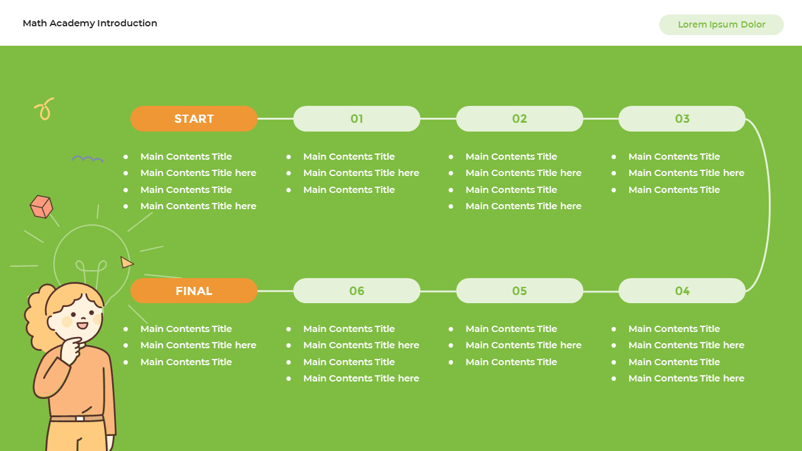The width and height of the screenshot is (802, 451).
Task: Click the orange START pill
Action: [x=194, y=119]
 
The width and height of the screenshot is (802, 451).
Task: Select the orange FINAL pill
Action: [x=194, y=291]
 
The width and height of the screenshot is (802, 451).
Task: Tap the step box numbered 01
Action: [x=357, y=119]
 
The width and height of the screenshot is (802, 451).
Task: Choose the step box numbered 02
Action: [x=519, y=119]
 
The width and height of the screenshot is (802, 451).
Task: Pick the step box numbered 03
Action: [x=682, y=119]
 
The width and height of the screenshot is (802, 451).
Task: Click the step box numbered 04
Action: [x=682, y=291]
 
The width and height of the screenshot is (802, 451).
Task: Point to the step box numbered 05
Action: [x=519, y=291]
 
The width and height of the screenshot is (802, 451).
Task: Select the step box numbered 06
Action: [x=357, y=291]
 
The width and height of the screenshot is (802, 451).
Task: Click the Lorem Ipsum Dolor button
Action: [x=721, y=25]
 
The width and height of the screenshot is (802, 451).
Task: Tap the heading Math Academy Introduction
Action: [x=90, y=23]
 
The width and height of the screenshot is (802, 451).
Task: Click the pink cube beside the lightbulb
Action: [x=41, y=207]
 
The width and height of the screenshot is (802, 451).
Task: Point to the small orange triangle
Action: [x=127, y=262]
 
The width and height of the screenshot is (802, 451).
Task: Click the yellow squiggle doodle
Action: [x=44, y=109]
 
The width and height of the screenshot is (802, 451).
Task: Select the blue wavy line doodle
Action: [x=88, y=160]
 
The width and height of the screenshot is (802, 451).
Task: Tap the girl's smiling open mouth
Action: [x=82, y=324]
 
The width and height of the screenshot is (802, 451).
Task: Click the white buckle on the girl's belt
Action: [x=80, y=418]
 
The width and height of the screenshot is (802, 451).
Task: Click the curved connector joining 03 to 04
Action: [x=769, y=205]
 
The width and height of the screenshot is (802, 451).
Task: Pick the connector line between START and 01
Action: [x=275, y=118]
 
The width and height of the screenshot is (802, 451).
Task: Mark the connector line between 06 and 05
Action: [x=438, y=291]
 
